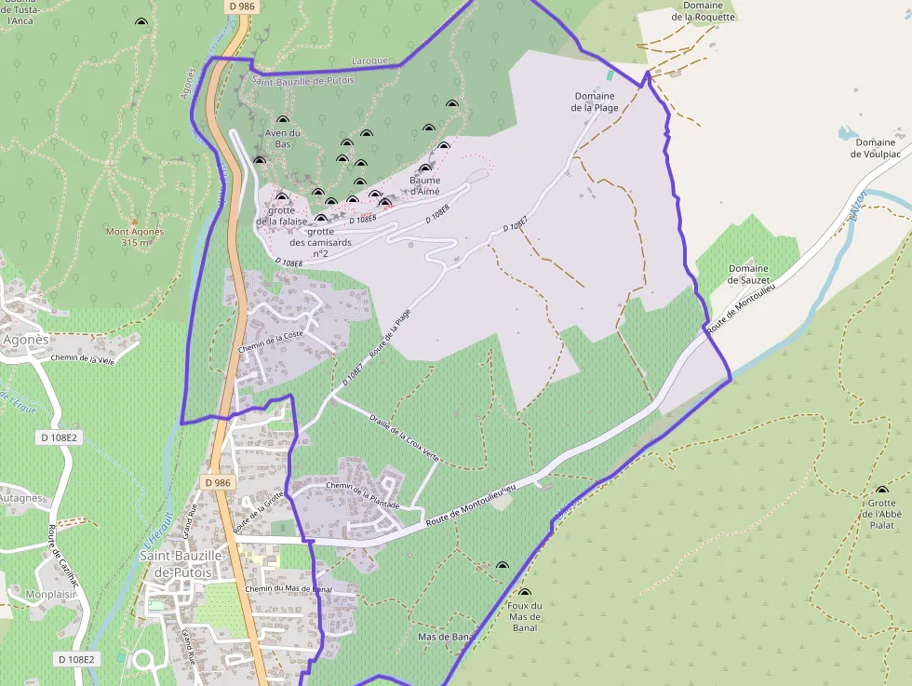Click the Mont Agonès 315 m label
(x=135, y=237)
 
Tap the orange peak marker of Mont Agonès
(x=135, y=222)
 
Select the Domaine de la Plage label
(x=595, y=101)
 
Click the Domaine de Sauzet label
(x=748, y=274)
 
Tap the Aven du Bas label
(x=283, y=139)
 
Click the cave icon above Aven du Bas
(x=283, y=120)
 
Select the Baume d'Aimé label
(x=424, y=185)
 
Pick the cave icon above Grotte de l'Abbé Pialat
(x=881, y=491)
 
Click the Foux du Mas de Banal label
(x=524, y=616)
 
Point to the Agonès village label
(x=25, y=340)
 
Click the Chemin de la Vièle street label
(x=83, y=359)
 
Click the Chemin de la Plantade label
(x=362, y=495)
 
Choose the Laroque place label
(x=369, y=61)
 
